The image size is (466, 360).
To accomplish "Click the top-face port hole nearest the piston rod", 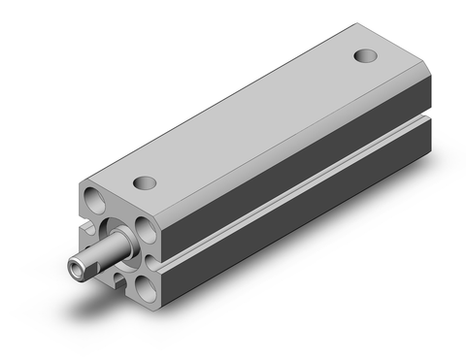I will [144, 181].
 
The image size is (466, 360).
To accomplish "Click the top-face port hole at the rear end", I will [365, 55].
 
